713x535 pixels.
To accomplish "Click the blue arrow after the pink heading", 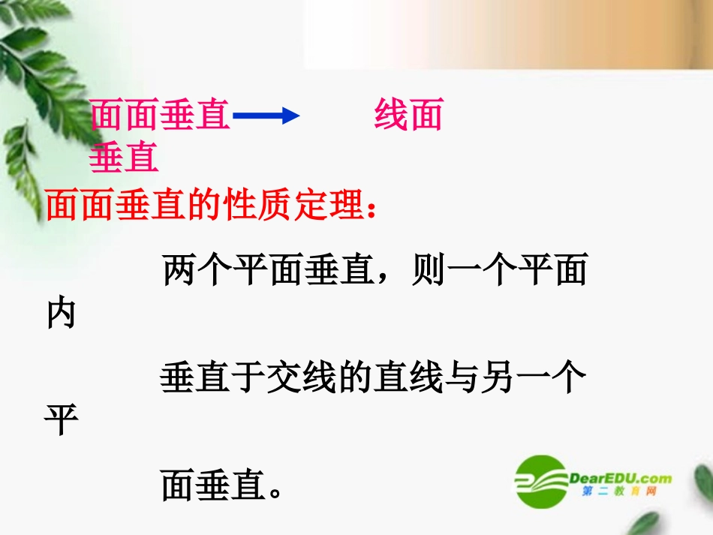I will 266,116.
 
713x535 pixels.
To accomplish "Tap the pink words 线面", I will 408,116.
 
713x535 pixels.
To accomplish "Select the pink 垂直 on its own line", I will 124,158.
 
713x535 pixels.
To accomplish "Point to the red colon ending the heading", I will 372,210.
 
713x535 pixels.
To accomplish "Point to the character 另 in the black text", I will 501,379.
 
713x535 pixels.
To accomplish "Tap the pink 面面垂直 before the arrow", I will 160,116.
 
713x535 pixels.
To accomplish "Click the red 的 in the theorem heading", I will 206,204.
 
